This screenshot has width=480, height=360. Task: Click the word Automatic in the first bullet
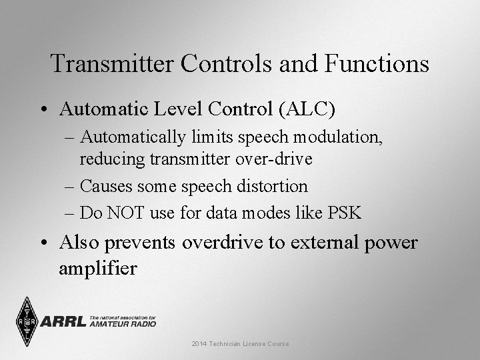pyautogui.click(x=101, y=107)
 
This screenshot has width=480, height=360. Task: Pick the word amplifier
pyautogui.click(x=98, y=269)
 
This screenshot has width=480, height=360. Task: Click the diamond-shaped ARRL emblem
pyautogui.click(x=27, y=321)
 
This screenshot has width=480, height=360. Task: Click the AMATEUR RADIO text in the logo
pyautogui.click(x=123, y=323)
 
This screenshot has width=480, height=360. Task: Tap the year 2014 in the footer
pyautogui.click(x=199, y=343)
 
